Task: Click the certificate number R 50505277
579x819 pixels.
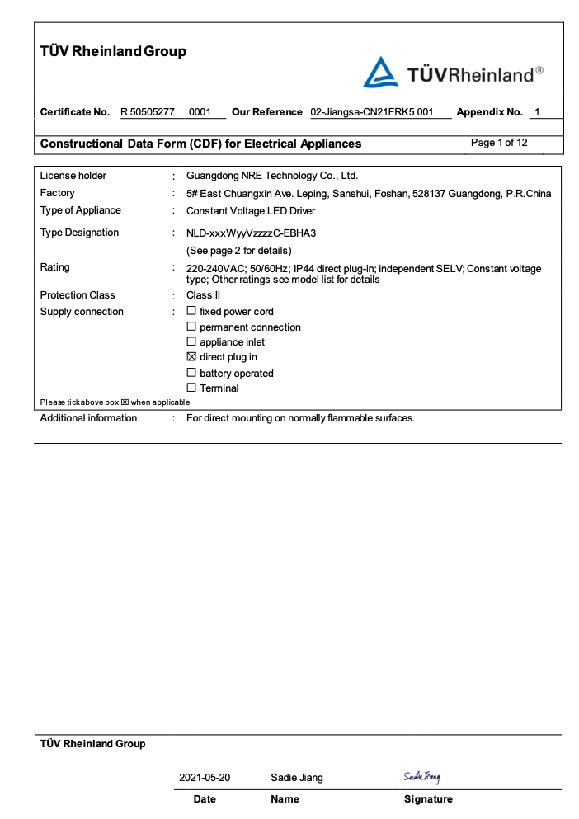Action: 148,112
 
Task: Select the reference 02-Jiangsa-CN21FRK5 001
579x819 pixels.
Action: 371,112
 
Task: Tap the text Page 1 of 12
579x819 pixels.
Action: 499,143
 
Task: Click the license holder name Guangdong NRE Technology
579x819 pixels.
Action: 272,176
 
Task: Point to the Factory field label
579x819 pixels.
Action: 58,193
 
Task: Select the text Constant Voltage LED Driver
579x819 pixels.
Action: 252,210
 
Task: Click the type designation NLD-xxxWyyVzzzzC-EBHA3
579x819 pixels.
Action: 251,233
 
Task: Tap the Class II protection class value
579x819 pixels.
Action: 203,295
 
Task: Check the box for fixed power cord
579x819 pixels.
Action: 191,312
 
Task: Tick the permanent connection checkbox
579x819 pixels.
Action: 191,327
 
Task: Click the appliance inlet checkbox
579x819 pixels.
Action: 191,341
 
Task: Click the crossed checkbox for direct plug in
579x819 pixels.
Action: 191,357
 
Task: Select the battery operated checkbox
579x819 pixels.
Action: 191,373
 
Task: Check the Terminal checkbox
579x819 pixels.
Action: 191,388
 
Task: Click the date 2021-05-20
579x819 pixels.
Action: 205,778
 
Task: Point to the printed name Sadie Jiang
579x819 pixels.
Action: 297,778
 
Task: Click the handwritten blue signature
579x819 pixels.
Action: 421,776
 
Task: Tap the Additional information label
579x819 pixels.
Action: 89,418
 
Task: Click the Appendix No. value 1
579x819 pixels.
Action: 538,112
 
